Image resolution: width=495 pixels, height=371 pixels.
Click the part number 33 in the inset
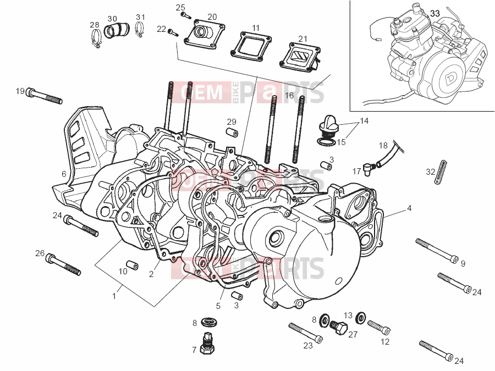click(435, 14)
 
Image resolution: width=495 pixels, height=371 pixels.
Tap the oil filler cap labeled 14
click(328, 126)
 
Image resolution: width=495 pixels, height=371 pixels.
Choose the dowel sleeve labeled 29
click(232, 134)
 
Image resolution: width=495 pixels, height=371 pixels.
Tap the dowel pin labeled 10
click(132, 265)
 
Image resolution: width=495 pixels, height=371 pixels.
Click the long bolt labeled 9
click(437, 251)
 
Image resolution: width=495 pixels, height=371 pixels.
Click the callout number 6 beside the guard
click(64, 174)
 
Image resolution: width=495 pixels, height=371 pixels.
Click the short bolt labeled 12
click(379, 327)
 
